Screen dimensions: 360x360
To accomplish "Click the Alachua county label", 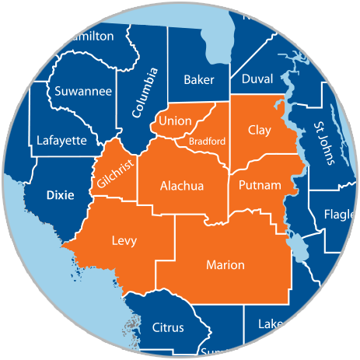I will (x=181, y=187).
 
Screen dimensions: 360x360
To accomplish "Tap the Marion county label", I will (x=225, y=266).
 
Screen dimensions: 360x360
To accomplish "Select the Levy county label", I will (x=124, y=241).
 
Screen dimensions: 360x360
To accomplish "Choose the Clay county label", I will (x=259, y=131).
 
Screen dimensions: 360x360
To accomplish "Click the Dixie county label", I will (x=60, y=195).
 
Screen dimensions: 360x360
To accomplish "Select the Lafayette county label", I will (x=62, y=141).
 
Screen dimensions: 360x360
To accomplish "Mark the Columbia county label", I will (x=145, y=92).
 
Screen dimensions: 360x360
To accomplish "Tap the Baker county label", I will (x=199, y=79).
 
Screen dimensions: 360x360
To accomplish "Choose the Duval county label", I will (x=257, y=79).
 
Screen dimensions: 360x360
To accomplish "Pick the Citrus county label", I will (x=168, y=327).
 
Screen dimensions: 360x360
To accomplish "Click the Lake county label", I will (x=271, y=323).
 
